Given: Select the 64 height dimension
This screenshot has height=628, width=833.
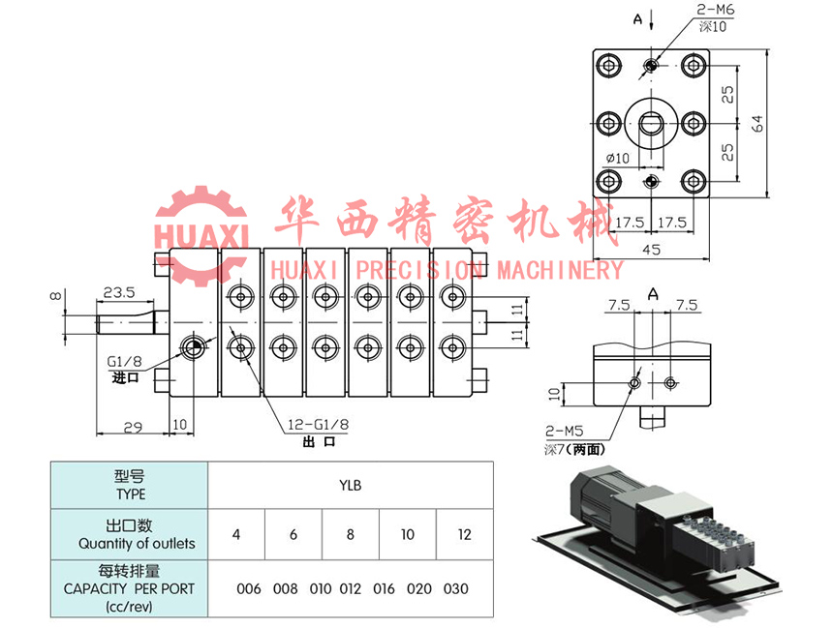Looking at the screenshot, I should pyautogui.click(x=758, y=123).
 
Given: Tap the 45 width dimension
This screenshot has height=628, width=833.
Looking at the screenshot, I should pyautogui.click(x=651, y=250).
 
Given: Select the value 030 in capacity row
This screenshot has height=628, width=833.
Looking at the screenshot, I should pyautogui.click(x=455, y=588).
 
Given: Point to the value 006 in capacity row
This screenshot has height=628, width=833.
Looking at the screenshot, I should pyautogui.click(x=249, y=588).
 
